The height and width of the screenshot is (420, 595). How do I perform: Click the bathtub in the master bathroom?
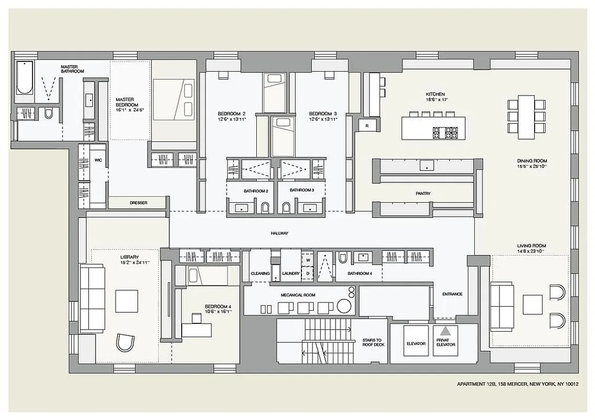tap(24, 78)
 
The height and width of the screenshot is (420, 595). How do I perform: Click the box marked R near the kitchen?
tap(367, 125)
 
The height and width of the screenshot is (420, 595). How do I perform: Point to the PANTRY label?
tap(423, 194)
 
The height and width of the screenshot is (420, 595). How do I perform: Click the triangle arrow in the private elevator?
tap(445, 332)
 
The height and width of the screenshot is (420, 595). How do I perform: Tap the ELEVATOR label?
tap(416, 344)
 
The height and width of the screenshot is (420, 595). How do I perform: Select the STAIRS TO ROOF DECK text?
tap(373, 343)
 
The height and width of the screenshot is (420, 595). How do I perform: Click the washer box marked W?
tap(308, 259)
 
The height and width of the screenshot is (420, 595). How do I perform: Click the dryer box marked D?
tap(308, 274)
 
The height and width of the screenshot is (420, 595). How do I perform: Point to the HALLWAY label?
tap(279, 233)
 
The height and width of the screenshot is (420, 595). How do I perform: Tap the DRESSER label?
tap(139, 203)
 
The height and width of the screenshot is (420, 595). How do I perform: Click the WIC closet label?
tap(98, 160)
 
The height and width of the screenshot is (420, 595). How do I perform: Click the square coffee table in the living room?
tap(532, 304)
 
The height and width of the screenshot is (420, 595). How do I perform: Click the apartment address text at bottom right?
tap(517, 384)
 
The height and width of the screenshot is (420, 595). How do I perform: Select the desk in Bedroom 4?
tap(196, 330)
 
